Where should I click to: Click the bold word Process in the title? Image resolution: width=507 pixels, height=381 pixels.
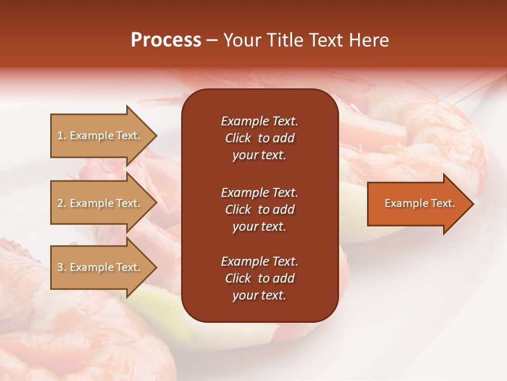[x=166, y=40]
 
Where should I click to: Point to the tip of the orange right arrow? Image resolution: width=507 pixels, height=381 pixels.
[x=472, y=204]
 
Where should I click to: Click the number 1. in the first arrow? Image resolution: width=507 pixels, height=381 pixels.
[x=62, y=135]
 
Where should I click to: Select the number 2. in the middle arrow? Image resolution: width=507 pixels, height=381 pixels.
[x=62, y=203]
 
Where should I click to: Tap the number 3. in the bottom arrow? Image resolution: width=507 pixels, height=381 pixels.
[x=62, y=267]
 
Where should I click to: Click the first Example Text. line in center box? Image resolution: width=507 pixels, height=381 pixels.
[x=259, y=121]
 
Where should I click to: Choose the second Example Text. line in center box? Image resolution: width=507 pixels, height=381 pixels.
[x=259, y=192]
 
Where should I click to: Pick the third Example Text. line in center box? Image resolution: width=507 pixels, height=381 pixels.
[x=259, y=261]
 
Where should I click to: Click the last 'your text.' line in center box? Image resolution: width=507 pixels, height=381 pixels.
[x=259, y=296]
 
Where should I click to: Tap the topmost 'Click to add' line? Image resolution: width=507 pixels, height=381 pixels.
[x=259, y=138]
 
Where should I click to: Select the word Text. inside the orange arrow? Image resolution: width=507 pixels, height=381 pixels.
[x=443, y=203]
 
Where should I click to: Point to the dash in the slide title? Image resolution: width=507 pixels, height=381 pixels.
[x=212, y=41]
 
